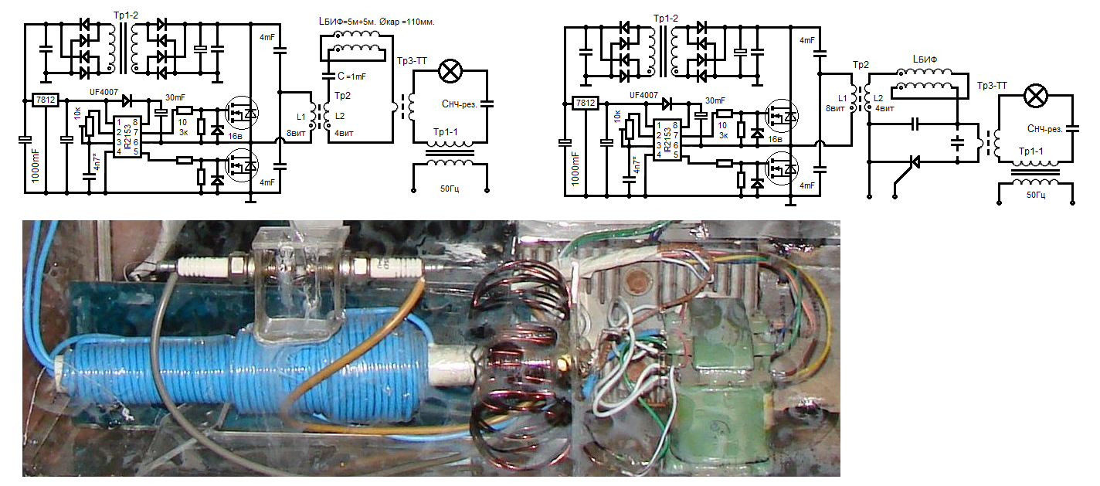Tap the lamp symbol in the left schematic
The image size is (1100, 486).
[449, 72]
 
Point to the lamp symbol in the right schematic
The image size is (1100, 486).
[1034, 97]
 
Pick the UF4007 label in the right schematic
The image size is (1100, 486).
[644, 95]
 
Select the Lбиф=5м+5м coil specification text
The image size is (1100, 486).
[376, 22]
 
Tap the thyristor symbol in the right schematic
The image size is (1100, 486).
[915, 162]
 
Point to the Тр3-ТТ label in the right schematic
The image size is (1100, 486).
[992, 86]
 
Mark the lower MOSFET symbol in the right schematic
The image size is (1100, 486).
[782, 166]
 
